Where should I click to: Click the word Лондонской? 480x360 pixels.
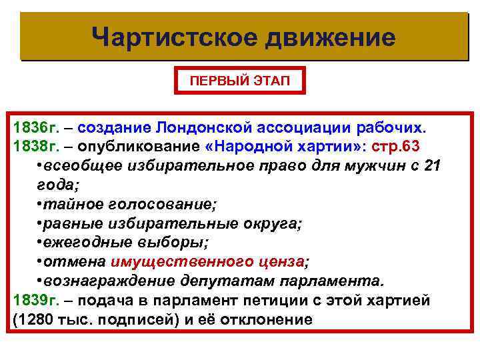208,127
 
